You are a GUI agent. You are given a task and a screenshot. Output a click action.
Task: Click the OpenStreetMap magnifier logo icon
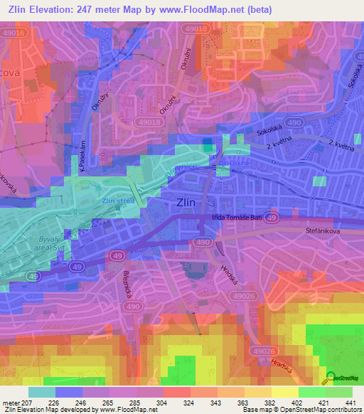click(x=331, y=379)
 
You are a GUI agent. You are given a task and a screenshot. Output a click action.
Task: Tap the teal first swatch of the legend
click(x=41, y=392)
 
